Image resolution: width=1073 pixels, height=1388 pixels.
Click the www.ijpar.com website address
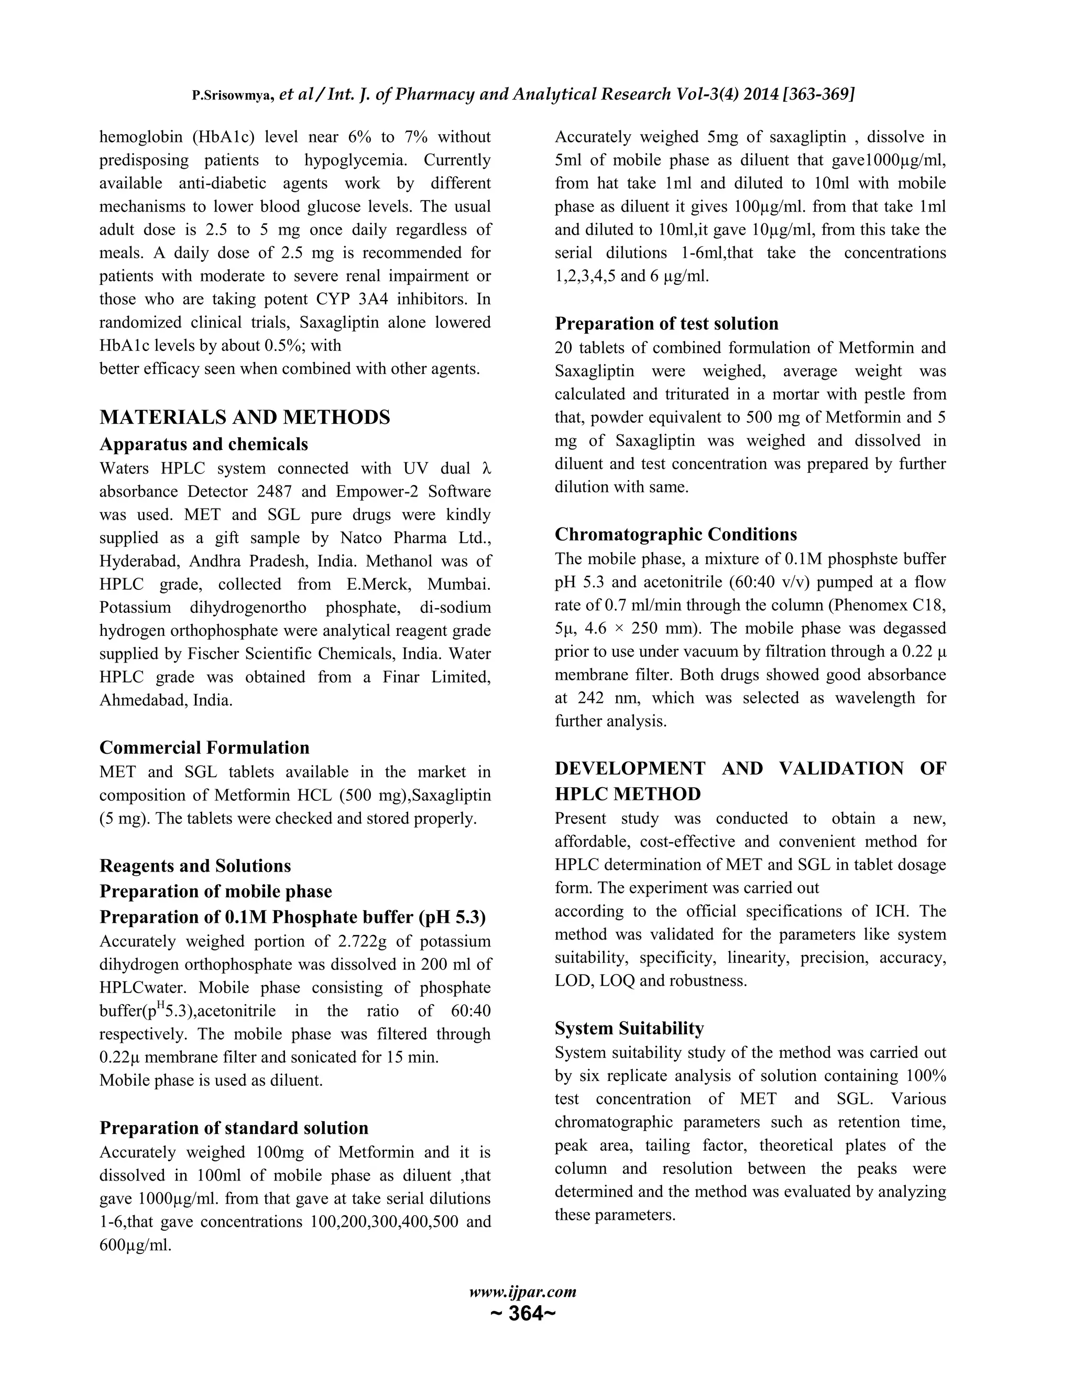coord(522,1292)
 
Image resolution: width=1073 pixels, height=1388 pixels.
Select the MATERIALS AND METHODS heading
coord(245,417)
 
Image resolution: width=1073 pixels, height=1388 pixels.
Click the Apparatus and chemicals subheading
coord(203,444)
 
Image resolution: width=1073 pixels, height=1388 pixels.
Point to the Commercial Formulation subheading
coord(205,747)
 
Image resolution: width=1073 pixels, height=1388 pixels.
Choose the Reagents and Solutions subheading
coord(195,866)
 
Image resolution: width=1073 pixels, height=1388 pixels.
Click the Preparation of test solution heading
coord(666,324)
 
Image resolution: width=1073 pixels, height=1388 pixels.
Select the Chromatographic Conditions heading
coord(676,534)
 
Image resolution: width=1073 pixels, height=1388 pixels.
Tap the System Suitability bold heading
coord(629,1028)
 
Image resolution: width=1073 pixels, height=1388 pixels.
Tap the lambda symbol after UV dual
coord(486,469)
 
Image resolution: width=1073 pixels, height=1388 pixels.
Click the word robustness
coord(715,981)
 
